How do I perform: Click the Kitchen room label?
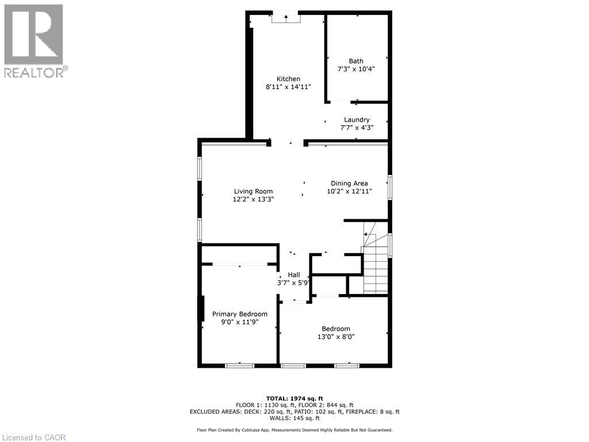point(288,79)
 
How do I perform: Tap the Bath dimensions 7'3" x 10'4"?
point(355,69)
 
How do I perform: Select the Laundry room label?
point(357,120)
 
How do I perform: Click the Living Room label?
point(253,192)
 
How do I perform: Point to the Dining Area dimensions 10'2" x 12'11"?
point(349,192)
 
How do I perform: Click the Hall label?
point(294,275)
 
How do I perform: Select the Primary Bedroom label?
point(239,314)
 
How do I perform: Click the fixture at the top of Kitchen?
point(286,18)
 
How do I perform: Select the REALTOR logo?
point(34,41)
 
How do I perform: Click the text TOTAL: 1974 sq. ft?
point(294,398)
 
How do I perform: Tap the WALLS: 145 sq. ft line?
point(294,418)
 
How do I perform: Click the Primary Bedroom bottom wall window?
point(239,365)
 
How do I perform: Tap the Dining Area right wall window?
point(390,188)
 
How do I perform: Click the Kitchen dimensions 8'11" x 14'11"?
point(288,87)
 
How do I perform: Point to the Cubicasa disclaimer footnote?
point(294,430)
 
